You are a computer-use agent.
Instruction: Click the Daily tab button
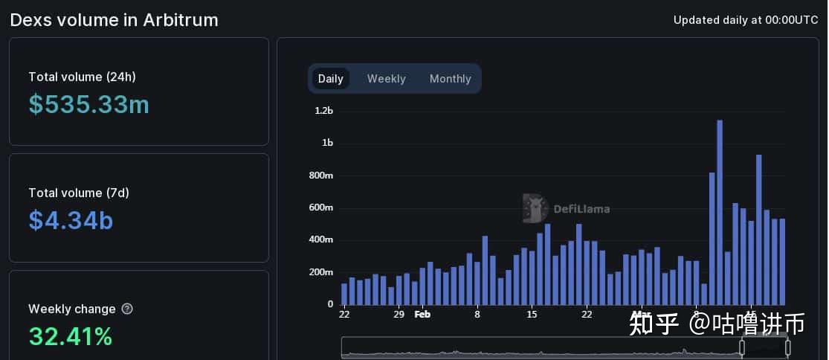point(330,79)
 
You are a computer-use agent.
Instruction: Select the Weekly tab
point(386,79)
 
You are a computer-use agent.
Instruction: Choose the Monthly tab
point(450,79)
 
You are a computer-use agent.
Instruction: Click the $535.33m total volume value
point(89,105)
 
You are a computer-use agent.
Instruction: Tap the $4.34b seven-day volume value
point(71,220)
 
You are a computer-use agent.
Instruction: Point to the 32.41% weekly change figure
point(71,336)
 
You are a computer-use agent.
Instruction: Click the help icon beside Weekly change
point(127,309)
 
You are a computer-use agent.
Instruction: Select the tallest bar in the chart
point(720,212)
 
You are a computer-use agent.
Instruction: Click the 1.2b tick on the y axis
point(323,111)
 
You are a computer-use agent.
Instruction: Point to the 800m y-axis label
point(322,176)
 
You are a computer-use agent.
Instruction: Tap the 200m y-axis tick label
point(322,272)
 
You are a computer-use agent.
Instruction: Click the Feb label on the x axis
point(422,314)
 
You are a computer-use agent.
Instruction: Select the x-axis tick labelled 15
point(531,314)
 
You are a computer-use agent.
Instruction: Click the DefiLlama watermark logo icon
point(535,208)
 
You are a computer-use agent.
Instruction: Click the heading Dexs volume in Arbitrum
point(114,20)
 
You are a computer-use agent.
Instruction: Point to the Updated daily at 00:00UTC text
point(746,20)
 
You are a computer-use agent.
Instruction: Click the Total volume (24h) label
point(82,77)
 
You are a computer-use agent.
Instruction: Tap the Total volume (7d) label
point(79,193)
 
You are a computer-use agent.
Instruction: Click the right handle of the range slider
point(787,347)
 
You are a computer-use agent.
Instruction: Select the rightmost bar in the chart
point(781,262)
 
